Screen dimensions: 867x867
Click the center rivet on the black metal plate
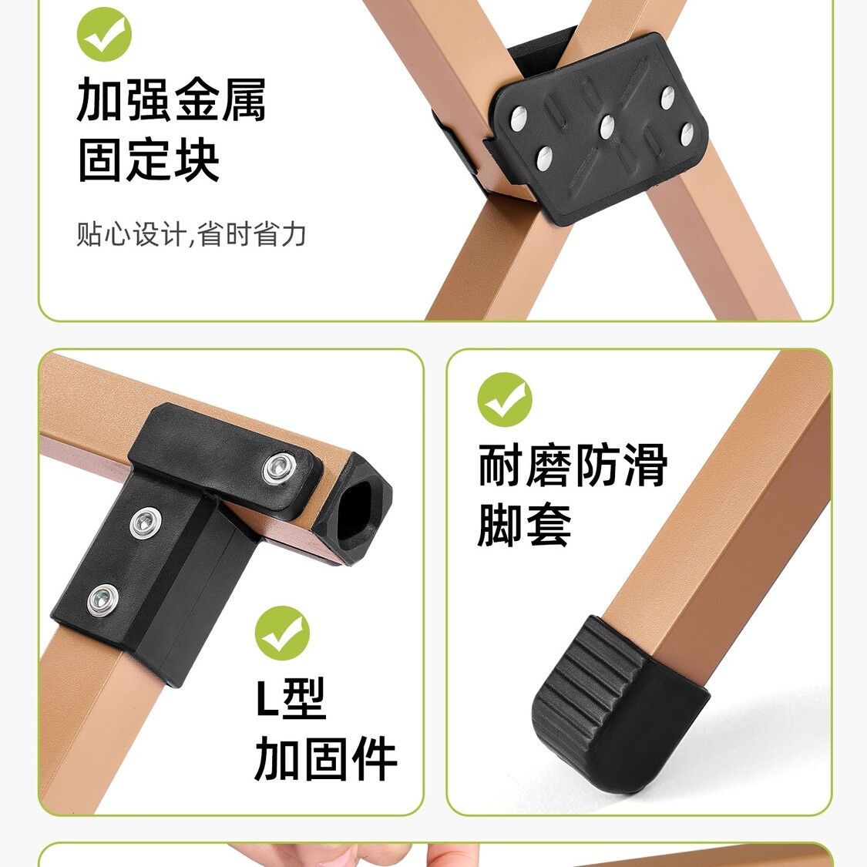(x=607, y=127)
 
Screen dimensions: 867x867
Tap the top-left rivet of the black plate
(x=519, y=119)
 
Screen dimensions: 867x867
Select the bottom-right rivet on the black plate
(x=687, y=134)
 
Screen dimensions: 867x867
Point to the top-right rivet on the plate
(x=667, y=97)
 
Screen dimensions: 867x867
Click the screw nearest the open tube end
(x=281, y=467)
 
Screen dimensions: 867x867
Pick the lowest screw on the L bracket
(x=102, y=599)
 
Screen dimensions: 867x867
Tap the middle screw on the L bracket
(x=146, y=523)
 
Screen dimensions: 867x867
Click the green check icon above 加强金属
(x=104, y=34)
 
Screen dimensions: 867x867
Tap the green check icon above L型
(x=282, y=633)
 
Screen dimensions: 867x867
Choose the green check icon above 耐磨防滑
(x=504, y=399)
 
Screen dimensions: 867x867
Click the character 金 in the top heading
(x=196, y=99)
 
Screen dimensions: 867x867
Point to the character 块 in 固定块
(x=197, y=160)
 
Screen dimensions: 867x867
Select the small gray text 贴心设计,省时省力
(x=191, y=234)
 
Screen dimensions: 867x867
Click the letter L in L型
(x=267, y=697)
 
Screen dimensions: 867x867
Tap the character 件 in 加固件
(x=375, y=758)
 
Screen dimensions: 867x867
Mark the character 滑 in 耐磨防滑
(x=645, y=465)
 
